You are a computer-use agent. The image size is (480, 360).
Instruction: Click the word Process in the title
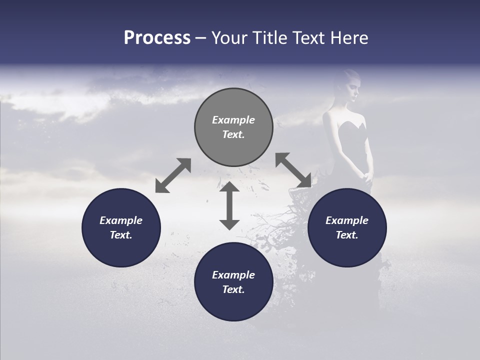pyautogui.click(x=157, y=38)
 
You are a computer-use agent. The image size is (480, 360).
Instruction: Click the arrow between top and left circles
pyautogui.click(x=173, y=175)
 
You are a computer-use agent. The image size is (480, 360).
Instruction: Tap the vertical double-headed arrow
pyautogui.click(x=229, y=205)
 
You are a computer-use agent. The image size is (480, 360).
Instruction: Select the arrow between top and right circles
pyautogui.click(x=293, y=170)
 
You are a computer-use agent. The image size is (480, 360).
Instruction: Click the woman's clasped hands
pyautogui.click(x=366, y=175)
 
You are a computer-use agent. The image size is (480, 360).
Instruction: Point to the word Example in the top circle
pyautogui.click(x=233, y=120)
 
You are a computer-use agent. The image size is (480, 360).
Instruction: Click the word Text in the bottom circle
pyautogui.click(x=233, y=289)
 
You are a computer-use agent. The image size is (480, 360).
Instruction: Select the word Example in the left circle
pyautogui.click(x=121, y=220)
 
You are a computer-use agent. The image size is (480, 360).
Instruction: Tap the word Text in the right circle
pyautogui.click(x=347, y=235)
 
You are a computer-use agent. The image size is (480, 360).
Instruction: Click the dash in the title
pyautogui.click(x=201, y=38)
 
